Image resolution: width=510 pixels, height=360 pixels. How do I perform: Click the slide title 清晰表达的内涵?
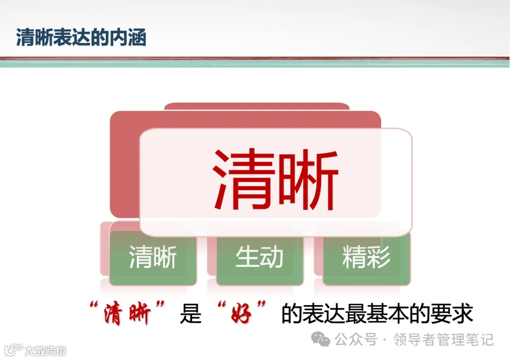pos(81,38)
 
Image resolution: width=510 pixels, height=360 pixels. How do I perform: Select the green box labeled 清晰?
pos(153,258)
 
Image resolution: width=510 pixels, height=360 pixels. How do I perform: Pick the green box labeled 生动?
pos(259,258)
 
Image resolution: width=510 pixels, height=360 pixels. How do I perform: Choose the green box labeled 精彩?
pos(366,258)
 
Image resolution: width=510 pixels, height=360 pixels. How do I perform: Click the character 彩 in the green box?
pos(379,258)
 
